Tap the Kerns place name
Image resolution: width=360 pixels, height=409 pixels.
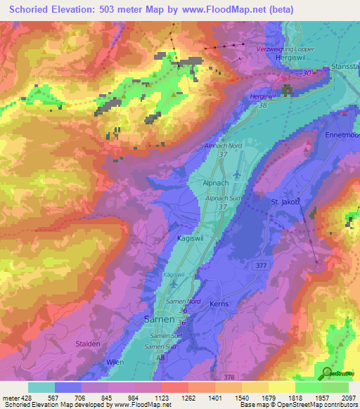click(x=219, y=304)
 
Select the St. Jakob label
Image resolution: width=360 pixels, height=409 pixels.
click(x=286, y=202)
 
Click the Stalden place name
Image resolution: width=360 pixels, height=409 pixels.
click(x=88, y=344)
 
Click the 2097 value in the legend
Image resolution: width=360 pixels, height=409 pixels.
click(x=347, y=398)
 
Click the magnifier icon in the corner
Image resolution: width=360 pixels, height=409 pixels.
click(x=328, y=373)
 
